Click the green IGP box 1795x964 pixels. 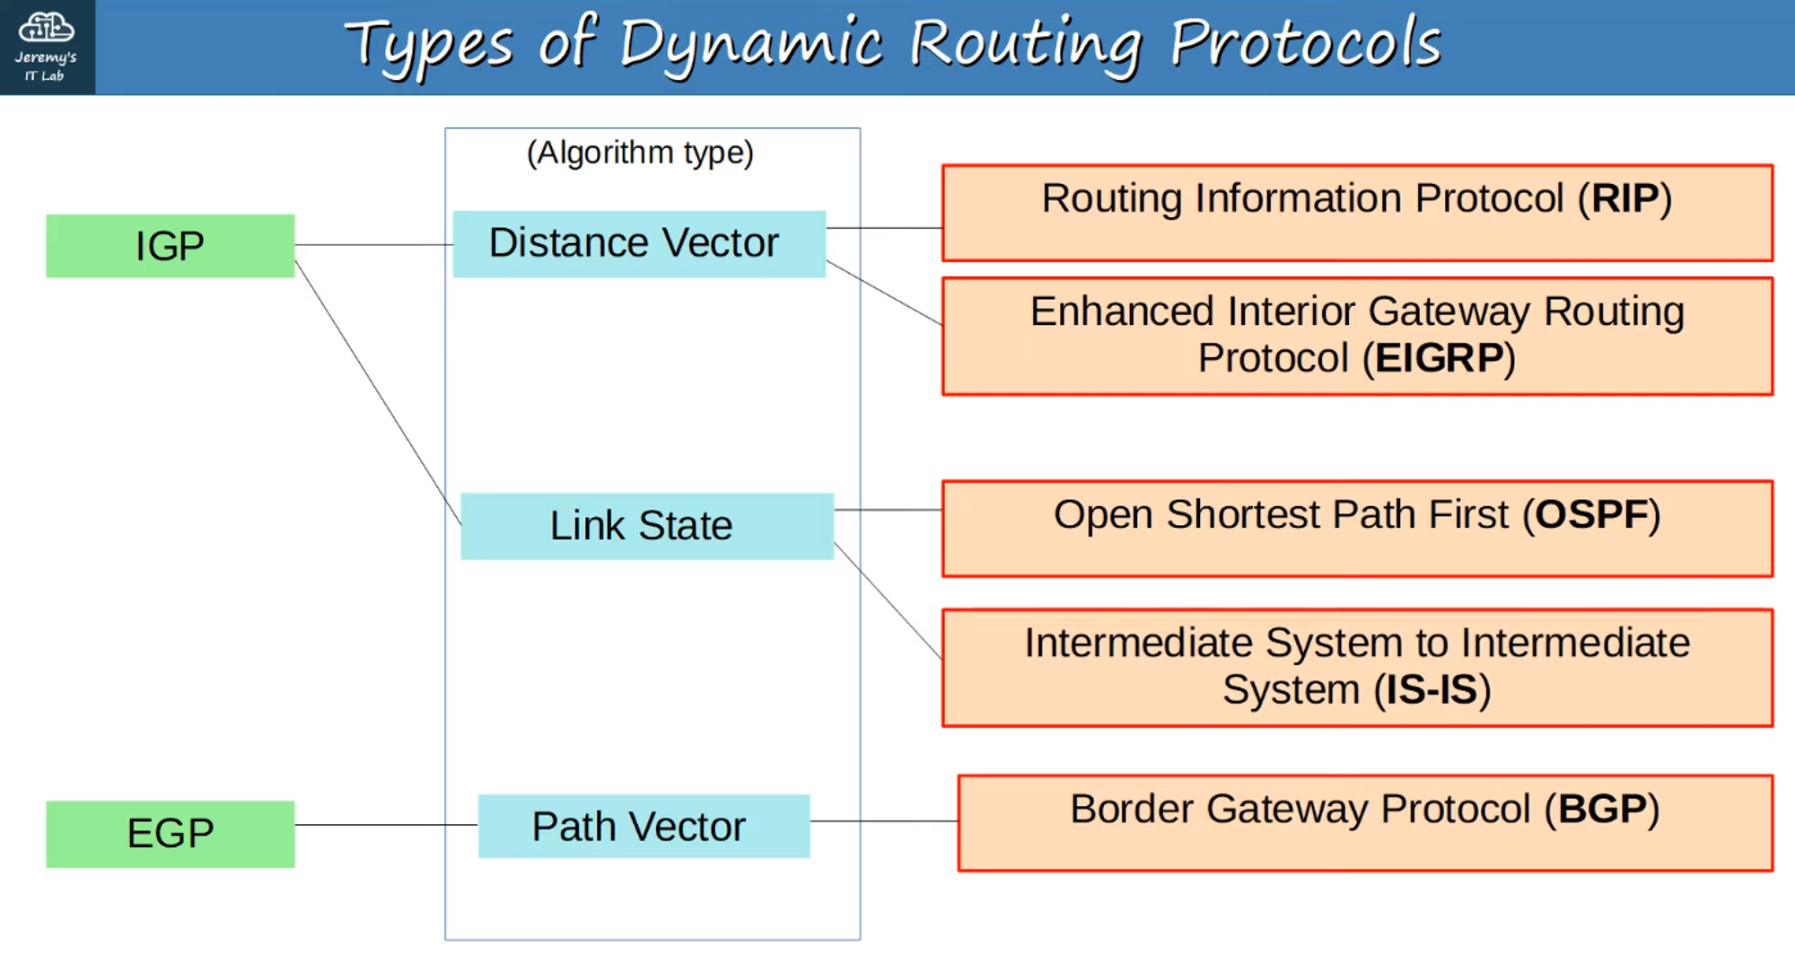(x=170, y=245)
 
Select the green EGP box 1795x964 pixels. (x=170, y=833)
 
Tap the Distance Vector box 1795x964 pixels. (x=638, y=243)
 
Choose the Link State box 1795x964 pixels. (x=646, y=525)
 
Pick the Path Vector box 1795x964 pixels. (x=643, y=826)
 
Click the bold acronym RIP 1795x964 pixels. (x=1624, y=198)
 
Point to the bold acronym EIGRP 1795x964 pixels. (x=1439, y=358)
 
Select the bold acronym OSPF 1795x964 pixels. (x=1591, y=515)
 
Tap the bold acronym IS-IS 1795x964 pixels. (x=1432, y=689)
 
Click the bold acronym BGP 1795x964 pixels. (x=1602, y=809)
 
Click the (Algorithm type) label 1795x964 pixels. (x=640, y=153)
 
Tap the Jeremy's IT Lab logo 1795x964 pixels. (x=47, y=47)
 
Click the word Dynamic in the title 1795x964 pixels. (x=750, y=45)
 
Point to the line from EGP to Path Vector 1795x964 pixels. (x=386, y=824)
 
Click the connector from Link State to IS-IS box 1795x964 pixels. (x=888, y=600)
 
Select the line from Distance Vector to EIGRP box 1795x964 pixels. (x=884, y=293)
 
